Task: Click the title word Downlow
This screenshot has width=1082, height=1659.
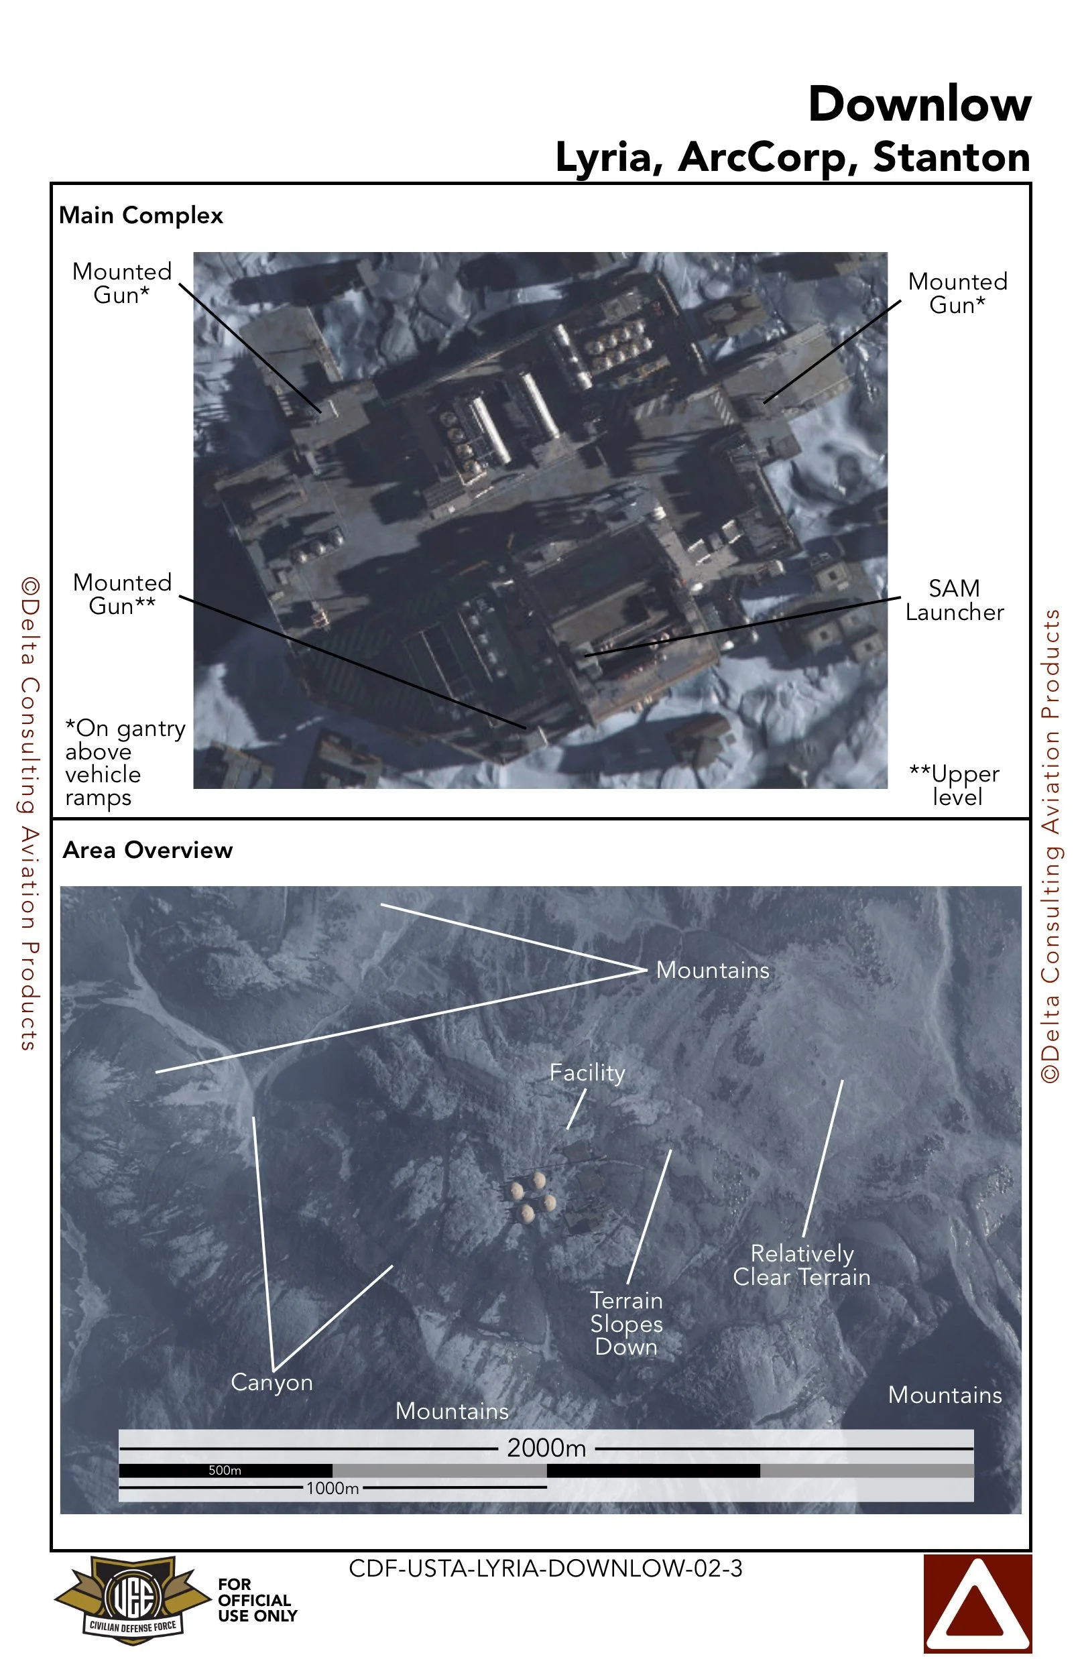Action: tap(919, 105)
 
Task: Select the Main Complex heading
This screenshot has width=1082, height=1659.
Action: tap(141, 215)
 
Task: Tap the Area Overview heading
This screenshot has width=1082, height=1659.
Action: tap(147, 850)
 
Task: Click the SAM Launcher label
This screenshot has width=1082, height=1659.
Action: tap(954, 600)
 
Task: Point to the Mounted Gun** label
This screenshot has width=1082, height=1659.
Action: tap(122, 594)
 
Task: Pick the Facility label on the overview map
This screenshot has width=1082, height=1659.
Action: tap(587, 1072)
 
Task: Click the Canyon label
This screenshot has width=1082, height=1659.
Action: tap(272, 1381)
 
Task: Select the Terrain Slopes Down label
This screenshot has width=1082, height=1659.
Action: tap(626, 1323)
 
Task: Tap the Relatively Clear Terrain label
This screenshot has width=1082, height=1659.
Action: tap(801, 1265)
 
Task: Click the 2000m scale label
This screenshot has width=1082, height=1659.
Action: tap(546, 1448)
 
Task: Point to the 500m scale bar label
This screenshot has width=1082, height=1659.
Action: tap(225, 1470)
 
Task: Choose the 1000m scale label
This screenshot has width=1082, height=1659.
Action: tap(332, 1488)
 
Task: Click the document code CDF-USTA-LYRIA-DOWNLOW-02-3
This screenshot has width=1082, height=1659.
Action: tap(545, 1568)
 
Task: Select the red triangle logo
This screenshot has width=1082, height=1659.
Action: tap(977, 1603)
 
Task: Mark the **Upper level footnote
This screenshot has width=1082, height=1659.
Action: tap(955, 785)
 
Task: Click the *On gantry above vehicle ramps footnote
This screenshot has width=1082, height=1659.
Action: tap(124, 763)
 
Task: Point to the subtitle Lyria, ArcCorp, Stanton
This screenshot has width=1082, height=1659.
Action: tap(792, 157)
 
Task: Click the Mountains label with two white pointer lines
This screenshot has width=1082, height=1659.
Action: tap(713, 970)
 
